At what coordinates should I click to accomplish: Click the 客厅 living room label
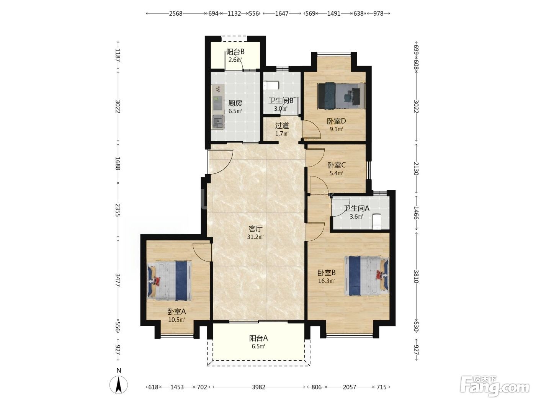256,229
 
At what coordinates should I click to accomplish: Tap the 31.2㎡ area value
255,237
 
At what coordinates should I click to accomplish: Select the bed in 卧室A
170,281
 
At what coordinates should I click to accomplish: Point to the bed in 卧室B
366,276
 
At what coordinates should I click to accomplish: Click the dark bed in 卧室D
341,96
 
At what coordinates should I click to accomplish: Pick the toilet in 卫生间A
377,222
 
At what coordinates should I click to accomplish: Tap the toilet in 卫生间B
271,85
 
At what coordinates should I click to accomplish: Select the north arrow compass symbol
118,385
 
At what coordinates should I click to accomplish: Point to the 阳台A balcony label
258,338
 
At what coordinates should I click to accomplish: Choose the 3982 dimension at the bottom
258,387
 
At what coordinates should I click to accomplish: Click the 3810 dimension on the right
416,276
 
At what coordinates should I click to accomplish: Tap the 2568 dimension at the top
176,13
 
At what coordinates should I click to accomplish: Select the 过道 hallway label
282,126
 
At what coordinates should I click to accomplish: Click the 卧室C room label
336,165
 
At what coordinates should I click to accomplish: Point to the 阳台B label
235,52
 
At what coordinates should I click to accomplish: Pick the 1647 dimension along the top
282,13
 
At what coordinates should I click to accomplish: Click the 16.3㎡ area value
326,281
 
